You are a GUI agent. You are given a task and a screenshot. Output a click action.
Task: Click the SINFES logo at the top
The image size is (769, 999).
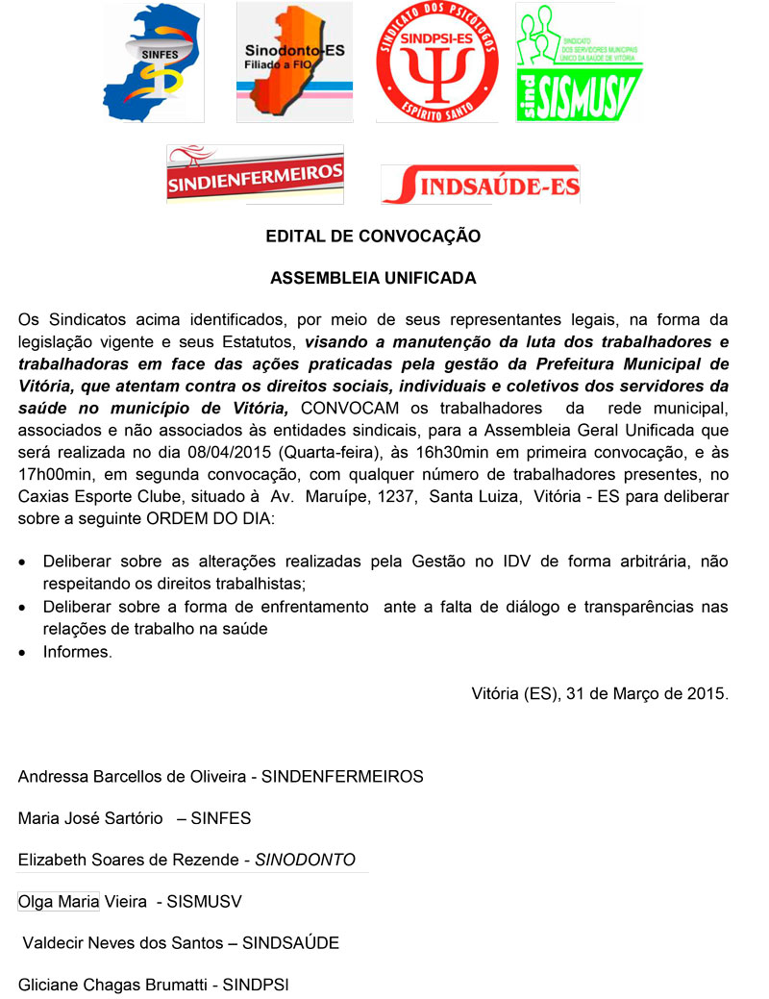[154, 62]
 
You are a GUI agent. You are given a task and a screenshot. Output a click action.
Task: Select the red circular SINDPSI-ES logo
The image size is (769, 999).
[436, 62]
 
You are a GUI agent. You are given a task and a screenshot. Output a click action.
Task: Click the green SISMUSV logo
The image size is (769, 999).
[579, 62]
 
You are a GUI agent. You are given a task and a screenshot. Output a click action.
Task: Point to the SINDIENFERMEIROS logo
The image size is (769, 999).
[255, 173]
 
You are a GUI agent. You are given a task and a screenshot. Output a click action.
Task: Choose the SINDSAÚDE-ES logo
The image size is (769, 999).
[481, 184]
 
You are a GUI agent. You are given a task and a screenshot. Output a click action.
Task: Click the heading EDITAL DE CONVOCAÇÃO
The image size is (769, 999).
[373, 236]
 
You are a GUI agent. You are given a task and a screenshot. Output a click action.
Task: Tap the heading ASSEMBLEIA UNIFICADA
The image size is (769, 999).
[373, 279]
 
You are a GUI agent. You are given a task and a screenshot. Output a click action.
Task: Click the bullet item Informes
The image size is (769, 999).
[78, 652]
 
